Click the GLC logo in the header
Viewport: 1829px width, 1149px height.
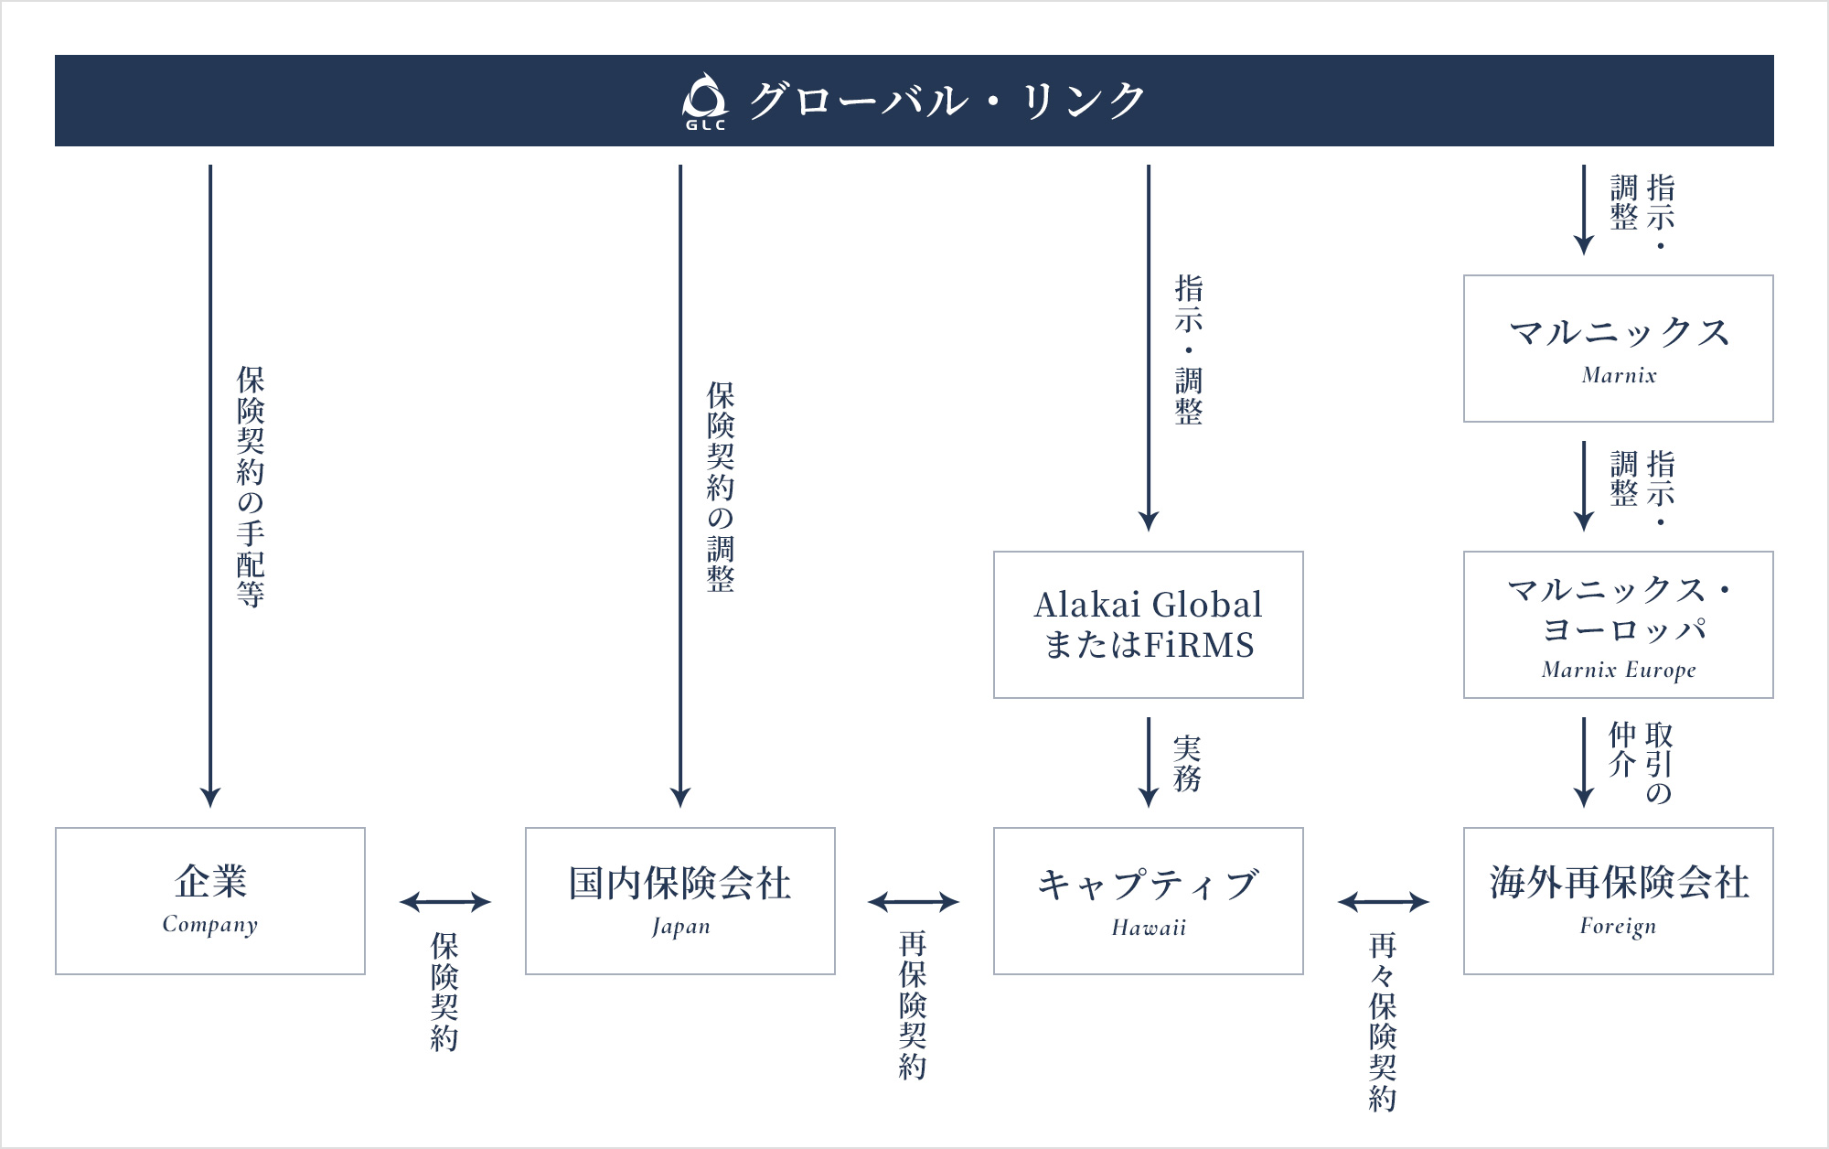pyautogui.click(x=705, y=101)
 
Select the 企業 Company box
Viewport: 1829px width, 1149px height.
pyautogui.click(x=210, y=901)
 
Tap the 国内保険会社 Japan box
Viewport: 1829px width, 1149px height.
pyautogui.click(x=679, y=901)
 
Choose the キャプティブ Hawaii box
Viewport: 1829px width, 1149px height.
pyautogui.click(x=1148, y=901)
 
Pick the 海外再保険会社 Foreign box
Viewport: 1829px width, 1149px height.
pyautogui.click(x=1618, y=901)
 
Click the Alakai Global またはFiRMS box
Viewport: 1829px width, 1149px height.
pyautogui.click(x=1148, y=625)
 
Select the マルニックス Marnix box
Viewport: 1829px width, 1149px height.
pyautogui.click(x=1618, y=349)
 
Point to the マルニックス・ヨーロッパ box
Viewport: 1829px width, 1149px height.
pyautogui.click(x=1618, y=625)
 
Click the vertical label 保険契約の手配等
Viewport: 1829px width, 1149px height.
pyautogui.click(x=250, y=487)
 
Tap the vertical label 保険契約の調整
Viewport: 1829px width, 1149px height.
pyautogui.click(x=720, y=487)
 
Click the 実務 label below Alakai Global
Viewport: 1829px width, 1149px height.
pyautogui.click(x=1187, y=763)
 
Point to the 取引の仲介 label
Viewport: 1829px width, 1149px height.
pyautogui.click(x=1641, y=763)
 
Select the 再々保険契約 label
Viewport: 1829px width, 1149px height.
pyautogui.click(x=1382, y=1021)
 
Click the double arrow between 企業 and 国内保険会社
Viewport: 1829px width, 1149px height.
pyautogui.click(x=445, y=902)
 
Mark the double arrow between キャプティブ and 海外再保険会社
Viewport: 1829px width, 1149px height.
pyautogui.click(x=1383, y=902)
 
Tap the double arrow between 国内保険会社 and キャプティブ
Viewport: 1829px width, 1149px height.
pyautogui.click(x=914, y=902)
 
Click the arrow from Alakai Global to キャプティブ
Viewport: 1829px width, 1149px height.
pyautogui.click(x=1149, y=761)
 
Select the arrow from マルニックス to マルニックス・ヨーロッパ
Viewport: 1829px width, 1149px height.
pyautogui.click(x=1584, y=485)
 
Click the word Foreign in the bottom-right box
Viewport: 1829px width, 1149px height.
pyautogui.click(x=1618, y=927)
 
